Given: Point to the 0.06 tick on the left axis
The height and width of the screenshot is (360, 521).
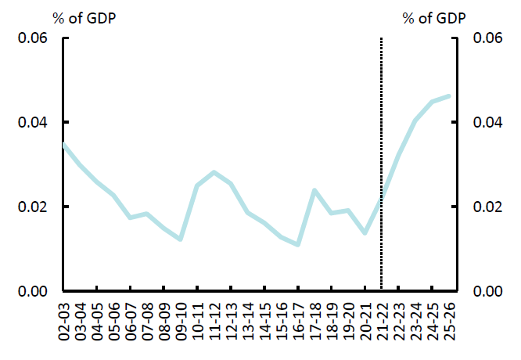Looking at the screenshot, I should (33, 38).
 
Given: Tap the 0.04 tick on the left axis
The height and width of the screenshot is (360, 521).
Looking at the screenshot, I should (33, 123).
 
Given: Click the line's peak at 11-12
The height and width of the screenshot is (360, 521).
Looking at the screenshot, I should (214, 172).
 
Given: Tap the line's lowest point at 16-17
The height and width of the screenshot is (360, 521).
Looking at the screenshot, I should (298, 245).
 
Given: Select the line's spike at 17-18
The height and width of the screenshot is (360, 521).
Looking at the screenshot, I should (314, 190).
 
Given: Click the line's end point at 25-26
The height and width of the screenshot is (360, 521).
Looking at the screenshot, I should (448, 96).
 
